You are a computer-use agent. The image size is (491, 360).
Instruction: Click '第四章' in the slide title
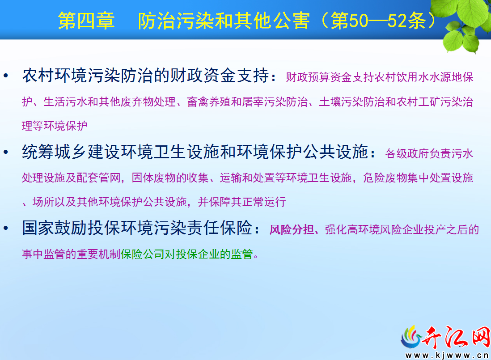pyautogui.click(x=86, y=21)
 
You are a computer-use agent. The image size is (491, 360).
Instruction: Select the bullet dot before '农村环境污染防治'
pyautogui.click(x=6, y=76)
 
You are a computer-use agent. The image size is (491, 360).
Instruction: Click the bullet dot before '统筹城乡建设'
pyautogui.click(x=6, y=152)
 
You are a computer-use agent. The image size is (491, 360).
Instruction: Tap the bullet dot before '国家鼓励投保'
pyautogui.click(x=6, y=228)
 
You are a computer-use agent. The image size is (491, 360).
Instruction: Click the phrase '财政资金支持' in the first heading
pyautogui.click(x=220, y=76)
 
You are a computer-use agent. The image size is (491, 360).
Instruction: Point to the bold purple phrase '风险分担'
pyautogui.click(x=292, y=229)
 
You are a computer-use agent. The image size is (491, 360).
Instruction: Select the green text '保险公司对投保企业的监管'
pyautogui.click(x=186, y=254)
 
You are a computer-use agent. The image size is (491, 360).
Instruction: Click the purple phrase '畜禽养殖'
pyautogui.click(x=209, y=102)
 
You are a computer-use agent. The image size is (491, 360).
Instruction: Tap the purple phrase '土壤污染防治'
pyautogui.click(x=352, y=102)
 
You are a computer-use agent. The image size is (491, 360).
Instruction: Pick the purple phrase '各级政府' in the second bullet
pyautogui.click(x=407, y=153)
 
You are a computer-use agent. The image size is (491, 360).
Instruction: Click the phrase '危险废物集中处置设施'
pyautogui.click(x=418, y=178)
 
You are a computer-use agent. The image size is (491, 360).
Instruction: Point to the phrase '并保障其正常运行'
pyautogui.click(x=242, y=202)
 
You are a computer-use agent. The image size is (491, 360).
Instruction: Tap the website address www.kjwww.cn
pyautogui.click(x=447, y=355)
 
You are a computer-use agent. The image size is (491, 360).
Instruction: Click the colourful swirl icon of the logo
pyautogui.click(x=411, y=338)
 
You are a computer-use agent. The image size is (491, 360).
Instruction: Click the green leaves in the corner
pyautogui.click(x=463, y=23)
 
